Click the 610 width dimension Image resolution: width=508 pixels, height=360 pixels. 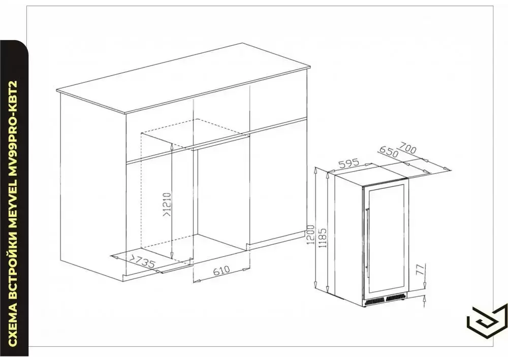click(x=221, y=270)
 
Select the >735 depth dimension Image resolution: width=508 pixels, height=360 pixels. click(x=142, y=262)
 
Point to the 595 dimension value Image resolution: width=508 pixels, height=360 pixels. click(x=348, y=163)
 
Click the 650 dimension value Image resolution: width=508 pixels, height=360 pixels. click(x=388, y=152)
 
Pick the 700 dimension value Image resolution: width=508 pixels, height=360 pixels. click(x=408, y=148)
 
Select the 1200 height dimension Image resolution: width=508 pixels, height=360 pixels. click(x=311, y=235)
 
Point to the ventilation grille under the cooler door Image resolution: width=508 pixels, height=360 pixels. click(x=385, y=301)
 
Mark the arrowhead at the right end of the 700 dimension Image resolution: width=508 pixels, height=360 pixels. click(x=448, y=169)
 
